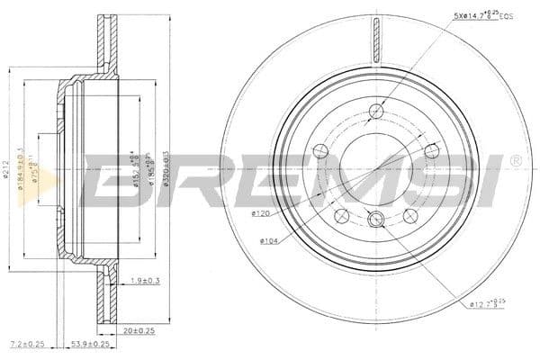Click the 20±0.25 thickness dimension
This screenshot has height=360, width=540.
(139, 329)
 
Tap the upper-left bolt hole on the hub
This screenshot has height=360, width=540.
(319, 150)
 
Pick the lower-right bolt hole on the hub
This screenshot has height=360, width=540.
(410, 214)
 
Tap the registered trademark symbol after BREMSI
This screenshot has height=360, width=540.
(515, 161)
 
